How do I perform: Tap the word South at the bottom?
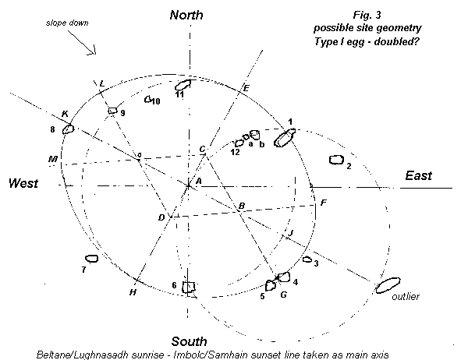(x=190, y=341)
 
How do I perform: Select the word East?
(x=418, y=176)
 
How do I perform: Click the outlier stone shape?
(x=388, y=285)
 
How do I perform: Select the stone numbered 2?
(x=336, y=160)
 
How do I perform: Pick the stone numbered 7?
(x=91, y=258)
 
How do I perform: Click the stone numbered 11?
(x=183, y=84)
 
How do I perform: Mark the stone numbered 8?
(x=68, y=129)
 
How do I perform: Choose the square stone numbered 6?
(x=189, y=287)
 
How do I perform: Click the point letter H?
(x=133, y=292)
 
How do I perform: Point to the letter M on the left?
(x=53, y=160)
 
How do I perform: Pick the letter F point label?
(x=323, y=203)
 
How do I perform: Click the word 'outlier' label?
(x=406, y=298)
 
